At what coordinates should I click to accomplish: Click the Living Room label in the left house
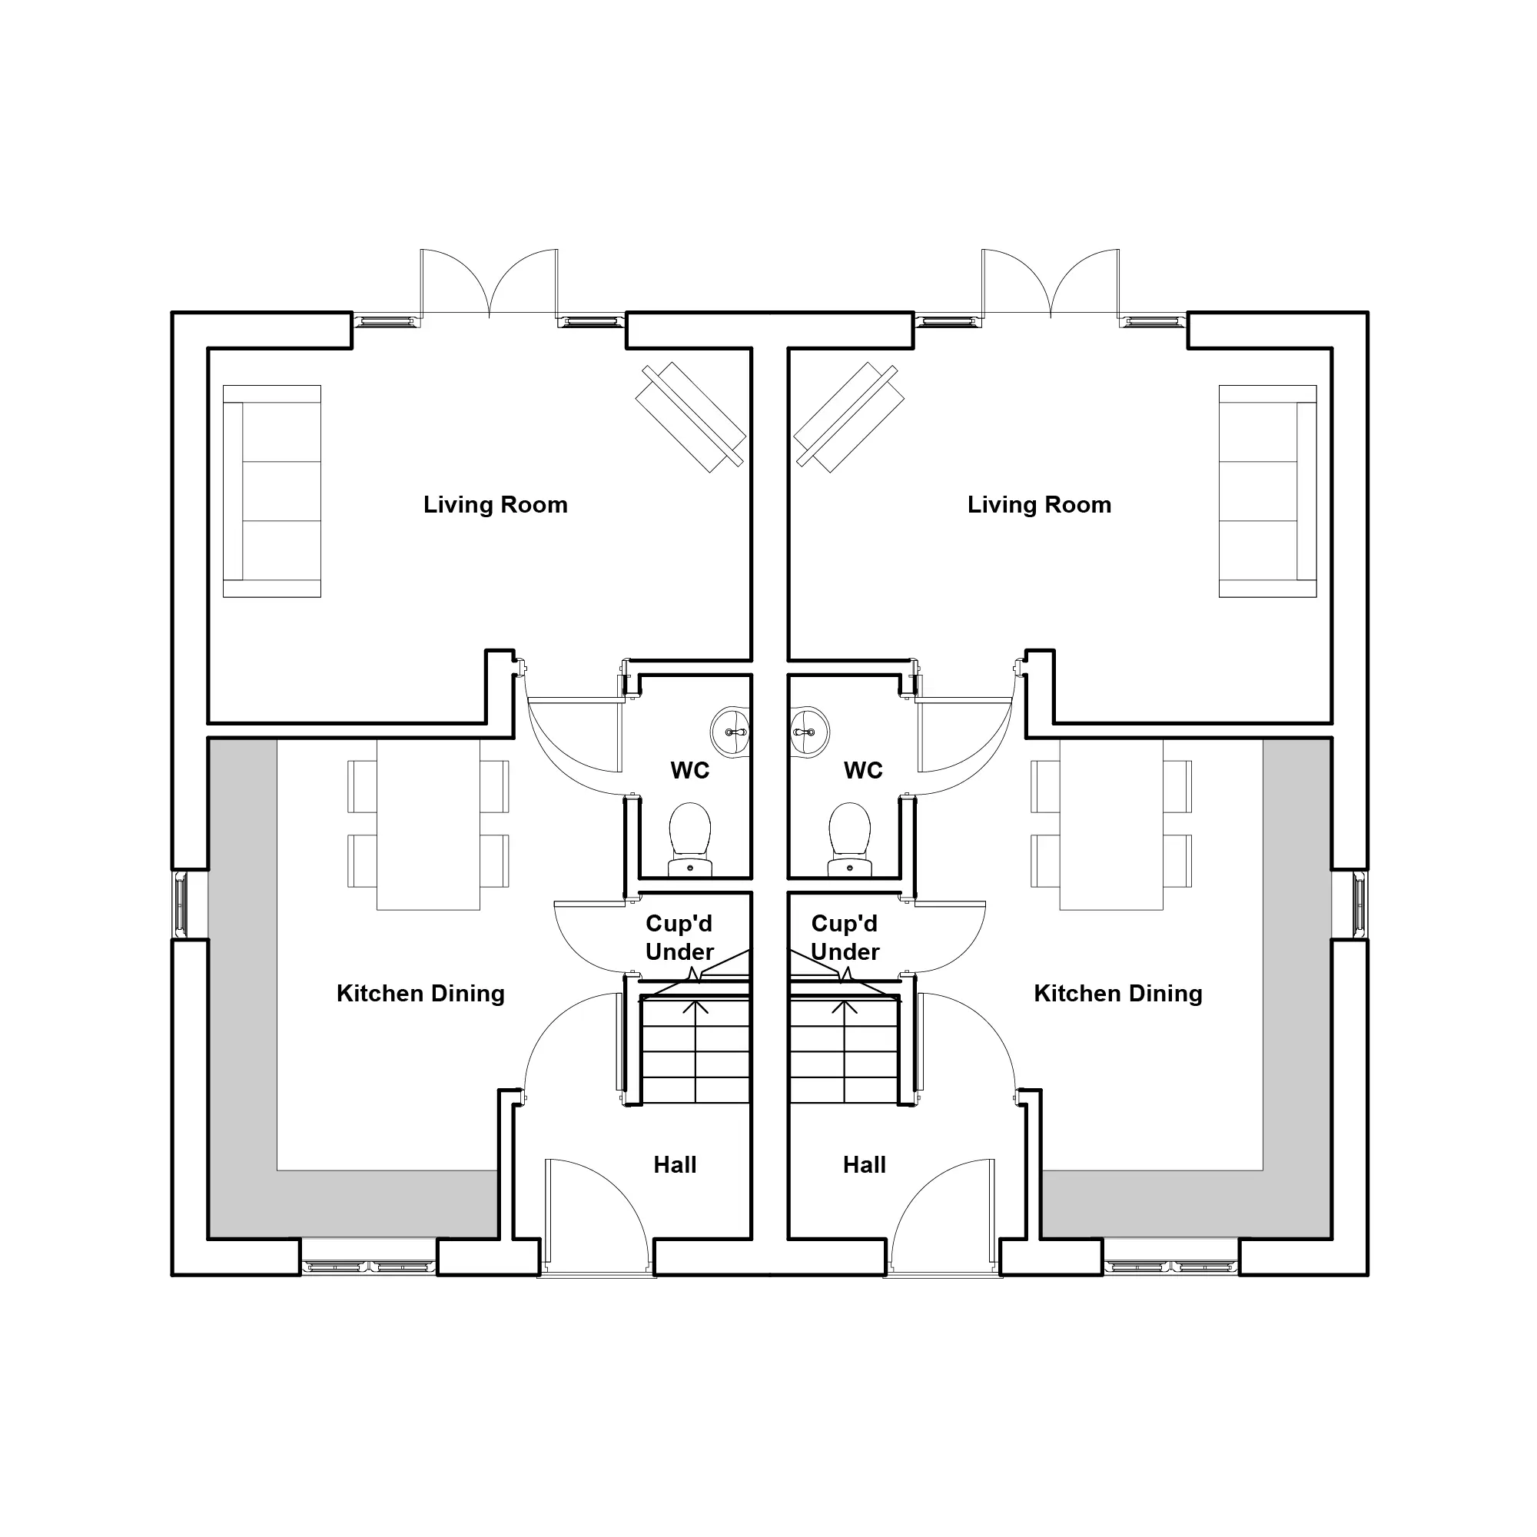tap(495, 505)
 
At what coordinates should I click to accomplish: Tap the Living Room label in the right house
tap(1039, 505)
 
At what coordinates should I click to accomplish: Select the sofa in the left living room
tap(272, 491)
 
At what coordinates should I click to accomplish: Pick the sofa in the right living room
tap(1267, 491)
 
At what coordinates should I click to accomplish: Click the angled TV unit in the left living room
tap(691, 417)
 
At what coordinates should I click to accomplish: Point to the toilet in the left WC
tap(690, 838)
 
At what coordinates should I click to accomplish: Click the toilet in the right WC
tap(850, 838)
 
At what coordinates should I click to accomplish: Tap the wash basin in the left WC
tap(730, 732)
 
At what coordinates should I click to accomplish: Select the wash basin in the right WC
tap(809, 732)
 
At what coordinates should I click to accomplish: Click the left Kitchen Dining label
tap(420, 994)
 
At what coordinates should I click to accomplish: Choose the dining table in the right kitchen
tap(1111, 824)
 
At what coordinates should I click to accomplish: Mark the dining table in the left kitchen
tap(428, 824)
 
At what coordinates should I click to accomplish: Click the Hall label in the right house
tap(864, 1165)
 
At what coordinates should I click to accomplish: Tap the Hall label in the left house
tap(675, 1165)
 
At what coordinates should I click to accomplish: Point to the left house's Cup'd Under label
tap(679, 937)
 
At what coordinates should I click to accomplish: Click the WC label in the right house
tap(863, 770)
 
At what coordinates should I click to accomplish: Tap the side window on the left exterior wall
tap(181, 905)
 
